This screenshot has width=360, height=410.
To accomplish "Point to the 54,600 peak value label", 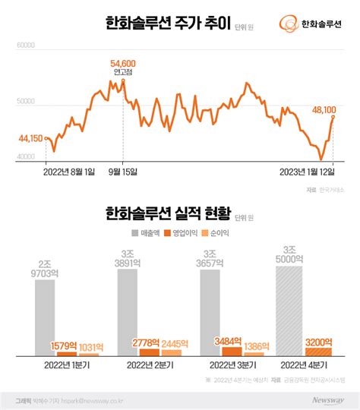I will pyautogui.click(x=122, y=63).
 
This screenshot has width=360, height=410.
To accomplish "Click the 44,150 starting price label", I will pyautogui.click(x=30, y=137).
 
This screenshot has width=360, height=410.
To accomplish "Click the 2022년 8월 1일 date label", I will pyautogui.click(x=70, y=172).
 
